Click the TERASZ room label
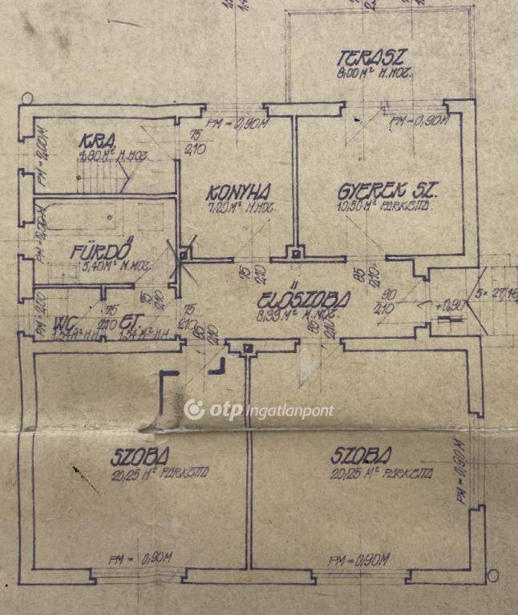coord(373,58)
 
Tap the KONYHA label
coord(238,192)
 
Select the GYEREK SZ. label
coord(389,193)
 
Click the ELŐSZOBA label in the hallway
coord(305,300)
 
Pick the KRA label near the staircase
coord(95,143)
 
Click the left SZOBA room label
coord(141,457)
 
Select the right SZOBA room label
coord(362,456)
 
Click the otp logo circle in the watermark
coord(194,410)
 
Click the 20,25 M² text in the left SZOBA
coord(152,472)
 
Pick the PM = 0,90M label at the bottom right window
coord(360,558)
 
